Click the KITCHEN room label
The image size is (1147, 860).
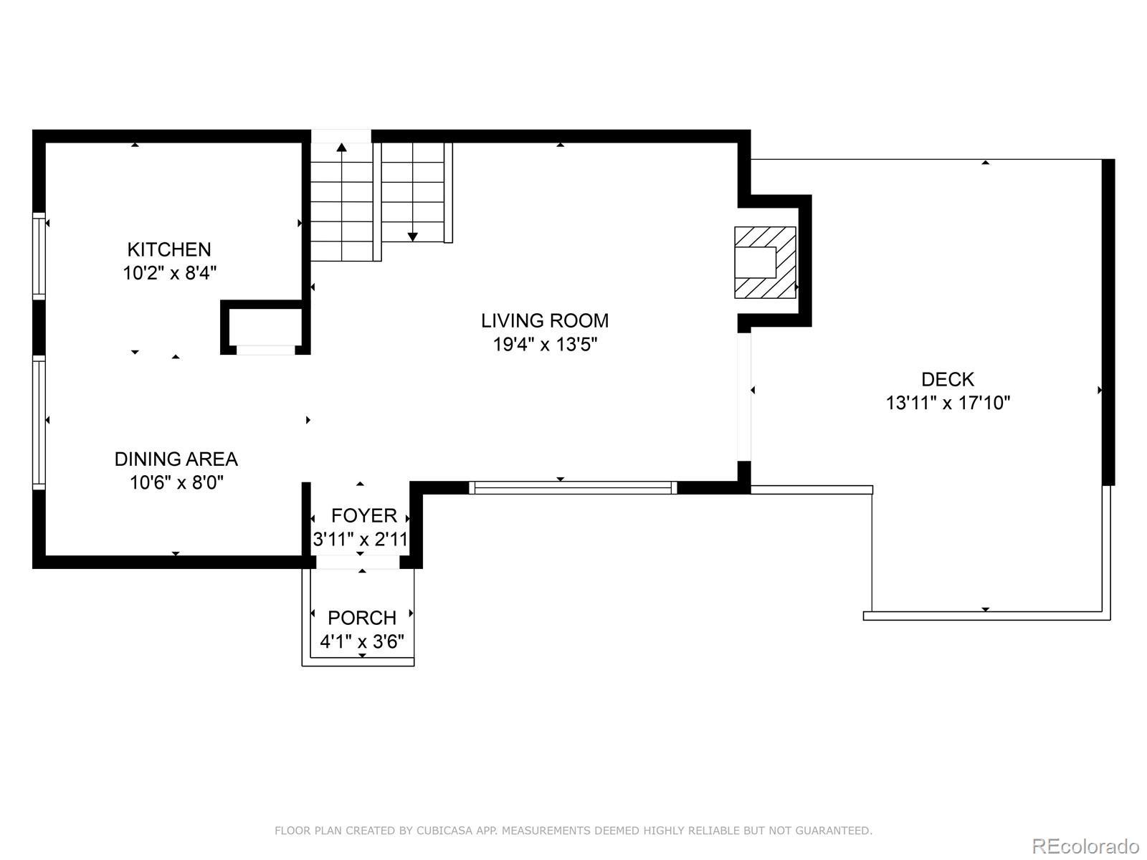168,249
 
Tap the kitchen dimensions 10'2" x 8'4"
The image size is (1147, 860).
169,273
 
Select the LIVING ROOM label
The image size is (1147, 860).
545,320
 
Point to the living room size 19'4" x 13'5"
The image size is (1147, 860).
545,345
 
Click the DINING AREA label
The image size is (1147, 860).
176,459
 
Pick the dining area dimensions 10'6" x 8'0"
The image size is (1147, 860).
176,482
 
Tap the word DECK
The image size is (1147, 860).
948,379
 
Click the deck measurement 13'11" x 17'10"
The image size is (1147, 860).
948,403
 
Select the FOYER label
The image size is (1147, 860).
363,516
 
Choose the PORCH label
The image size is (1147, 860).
361,618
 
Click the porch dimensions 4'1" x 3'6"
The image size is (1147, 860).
361,641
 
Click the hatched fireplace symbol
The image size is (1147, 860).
765,262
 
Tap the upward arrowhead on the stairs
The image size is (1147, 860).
342,147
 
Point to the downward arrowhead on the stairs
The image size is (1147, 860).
413,237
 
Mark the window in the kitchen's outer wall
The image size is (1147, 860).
39,256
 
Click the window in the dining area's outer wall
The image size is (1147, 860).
39,423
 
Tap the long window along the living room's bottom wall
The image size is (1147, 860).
573,488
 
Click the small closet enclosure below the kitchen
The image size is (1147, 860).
265,328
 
